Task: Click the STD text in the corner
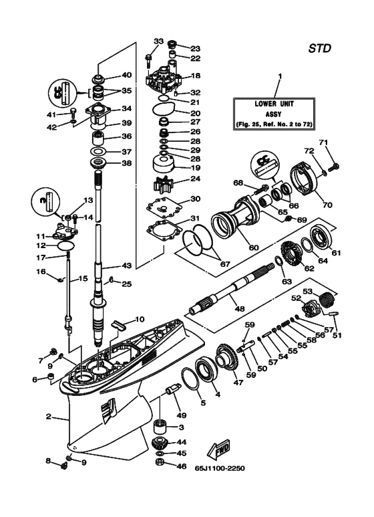pos(321,48)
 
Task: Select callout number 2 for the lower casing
pos(49,416)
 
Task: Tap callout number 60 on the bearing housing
pos(234,247)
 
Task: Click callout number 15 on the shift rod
pos(82,278)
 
